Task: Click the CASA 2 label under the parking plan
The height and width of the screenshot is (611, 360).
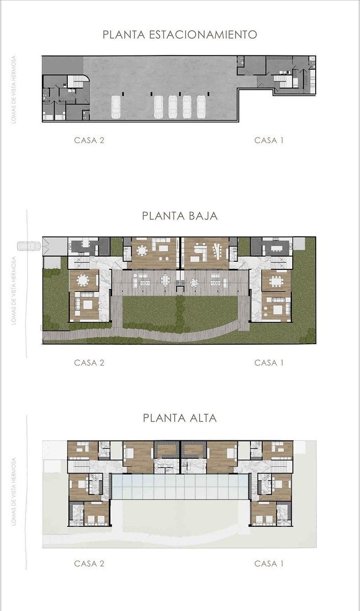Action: point(89,140)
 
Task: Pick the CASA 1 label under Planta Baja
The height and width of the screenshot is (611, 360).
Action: point(269,363)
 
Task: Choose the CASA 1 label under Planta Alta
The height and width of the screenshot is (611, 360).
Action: point(269,563)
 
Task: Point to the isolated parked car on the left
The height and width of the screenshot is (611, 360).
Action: point(116,107)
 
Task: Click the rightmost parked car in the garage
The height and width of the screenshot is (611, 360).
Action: point(201,107)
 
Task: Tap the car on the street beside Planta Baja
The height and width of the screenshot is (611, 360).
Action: point(29,245)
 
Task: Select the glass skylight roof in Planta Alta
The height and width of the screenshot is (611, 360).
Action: point(180,486)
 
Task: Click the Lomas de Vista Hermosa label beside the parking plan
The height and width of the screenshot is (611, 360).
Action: point(14,90)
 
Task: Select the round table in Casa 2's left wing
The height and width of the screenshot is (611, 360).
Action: point(82,280)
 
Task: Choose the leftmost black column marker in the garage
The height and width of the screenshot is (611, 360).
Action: point(123,94)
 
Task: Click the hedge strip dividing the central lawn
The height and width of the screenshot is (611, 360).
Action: point(180,314)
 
